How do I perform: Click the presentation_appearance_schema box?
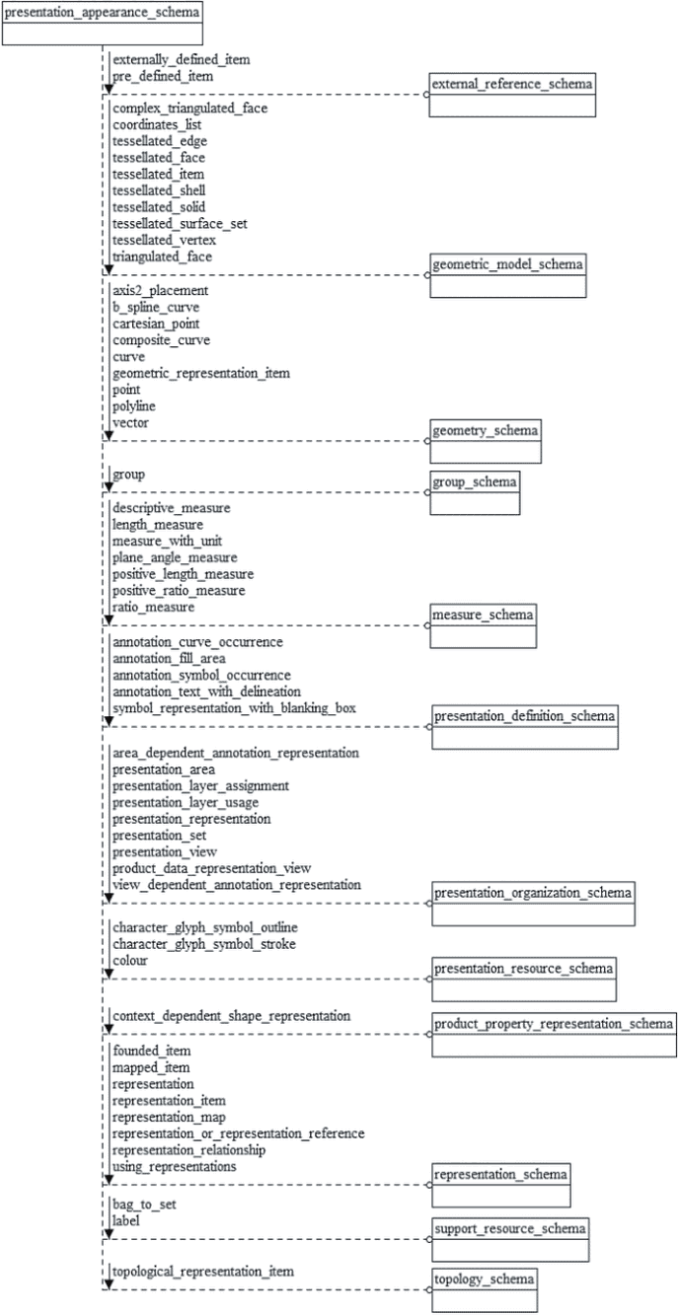click(103, 24)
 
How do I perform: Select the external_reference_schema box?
click(512, 95)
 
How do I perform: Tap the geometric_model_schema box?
click(508, 276)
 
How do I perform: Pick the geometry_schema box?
click(486, 442)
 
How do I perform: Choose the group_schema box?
click(475, 493)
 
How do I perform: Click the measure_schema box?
click(483, 625)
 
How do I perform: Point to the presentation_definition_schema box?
click(524, 727)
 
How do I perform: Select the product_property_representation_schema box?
click(554, 1035)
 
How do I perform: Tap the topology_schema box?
click(485, 1289)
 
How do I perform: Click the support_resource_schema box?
click(510, 1239)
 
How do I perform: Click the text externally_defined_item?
click(182, 60)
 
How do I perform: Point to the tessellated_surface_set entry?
click(180, 224)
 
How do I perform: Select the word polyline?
click(134, 406)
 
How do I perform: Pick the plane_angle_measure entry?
click(175, 557)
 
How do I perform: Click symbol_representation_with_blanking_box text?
click(234, 708)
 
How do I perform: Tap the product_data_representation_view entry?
click(212, 868)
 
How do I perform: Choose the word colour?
click(130, 961)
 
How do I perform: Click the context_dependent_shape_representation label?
click(231, 1016)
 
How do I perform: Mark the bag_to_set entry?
click(144, 1205)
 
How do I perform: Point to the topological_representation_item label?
click(203, 1272)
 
